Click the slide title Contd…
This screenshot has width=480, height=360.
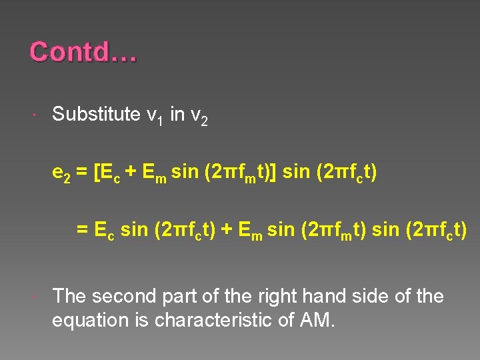coord(83,52)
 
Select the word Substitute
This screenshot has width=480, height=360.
coord(96,114)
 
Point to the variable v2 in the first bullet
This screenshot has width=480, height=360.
coord(199,116)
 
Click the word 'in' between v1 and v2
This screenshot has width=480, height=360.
coord(177,114)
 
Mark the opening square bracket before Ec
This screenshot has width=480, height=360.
coord(98,173)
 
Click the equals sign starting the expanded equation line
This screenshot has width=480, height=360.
coord(82,230)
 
